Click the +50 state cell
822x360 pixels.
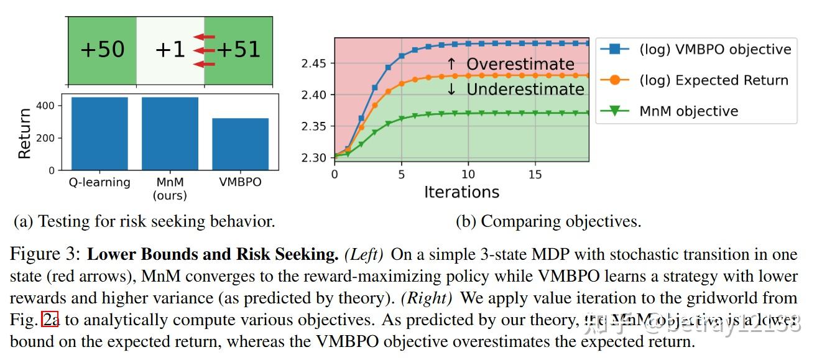point(102,50)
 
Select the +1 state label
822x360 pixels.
point(170,50)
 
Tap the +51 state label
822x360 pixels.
point(239,50)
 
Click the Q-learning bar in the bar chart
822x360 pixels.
point(99,133)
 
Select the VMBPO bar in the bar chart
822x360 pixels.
point(240,144)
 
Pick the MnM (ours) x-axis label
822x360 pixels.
point(170,188)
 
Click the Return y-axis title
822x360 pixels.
point(25,133)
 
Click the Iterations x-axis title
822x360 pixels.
point(461,192)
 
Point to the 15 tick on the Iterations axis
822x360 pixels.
point(535,175)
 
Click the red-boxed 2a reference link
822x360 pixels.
point(50,320)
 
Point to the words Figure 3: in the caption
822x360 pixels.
point(46,254)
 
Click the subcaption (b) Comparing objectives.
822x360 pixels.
point(548,221)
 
